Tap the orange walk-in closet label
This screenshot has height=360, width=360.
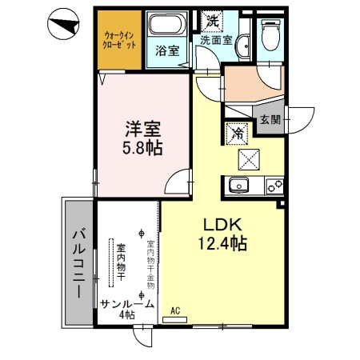click(119, 39)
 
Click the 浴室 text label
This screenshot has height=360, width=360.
click(166, 50)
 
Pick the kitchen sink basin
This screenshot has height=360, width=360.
click(238, 186)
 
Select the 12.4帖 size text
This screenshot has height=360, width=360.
click(218, 242)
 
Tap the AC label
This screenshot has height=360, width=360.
click(174, 310)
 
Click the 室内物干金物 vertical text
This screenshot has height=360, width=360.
click(150, 258)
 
